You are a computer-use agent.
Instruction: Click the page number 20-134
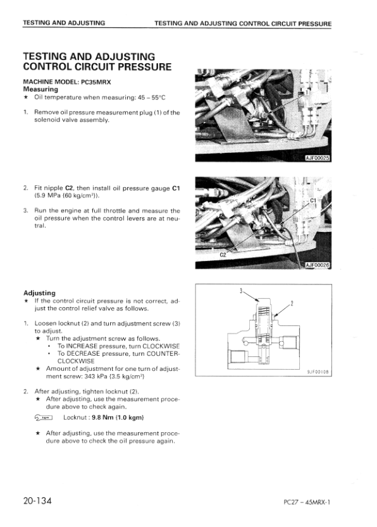[x=37, y=501]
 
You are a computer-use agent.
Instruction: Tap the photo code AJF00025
[x=318, y=158]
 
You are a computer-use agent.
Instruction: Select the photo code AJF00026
[x=318, y=265]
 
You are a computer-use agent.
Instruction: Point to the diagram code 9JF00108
[x=318, y=372]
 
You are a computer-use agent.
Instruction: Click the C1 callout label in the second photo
[x=313, y=200]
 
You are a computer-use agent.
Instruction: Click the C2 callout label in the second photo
[x=223, y=255]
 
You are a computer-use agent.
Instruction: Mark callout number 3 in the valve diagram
[x=241, y=291]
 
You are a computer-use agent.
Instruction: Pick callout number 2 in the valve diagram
[x=292, y=303]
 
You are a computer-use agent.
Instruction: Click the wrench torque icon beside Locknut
[x=44, y=418]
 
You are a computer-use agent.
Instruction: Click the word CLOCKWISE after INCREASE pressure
[x=161, y=346]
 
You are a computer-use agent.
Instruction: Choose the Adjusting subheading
[x=39, y=293]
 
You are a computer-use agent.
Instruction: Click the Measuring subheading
[x=40, y=89]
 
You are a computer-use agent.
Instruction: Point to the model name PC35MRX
[x=96, y=82]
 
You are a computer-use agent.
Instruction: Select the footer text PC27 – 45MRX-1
[x=307, y=502]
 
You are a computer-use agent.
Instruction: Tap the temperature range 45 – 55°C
[x=154, y=97]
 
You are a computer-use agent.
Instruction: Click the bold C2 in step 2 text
[x=70, y=188]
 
